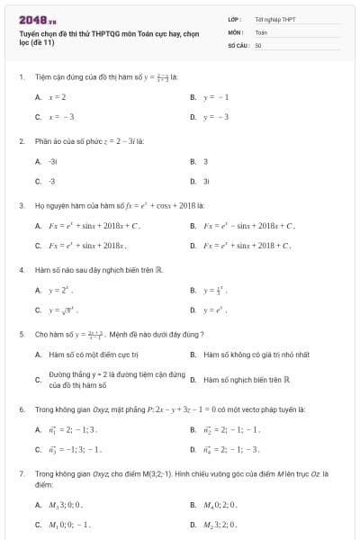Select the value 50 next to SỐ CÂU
[258, 44]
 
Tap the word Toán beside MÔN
[261, 31]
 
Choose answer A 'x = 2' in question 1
[58, 96]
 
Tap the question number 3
[21, 205]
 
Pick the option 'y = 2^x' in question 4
[61, 291]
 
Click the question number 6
[21, 409]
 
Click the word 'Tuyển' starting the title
[30, 33]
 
